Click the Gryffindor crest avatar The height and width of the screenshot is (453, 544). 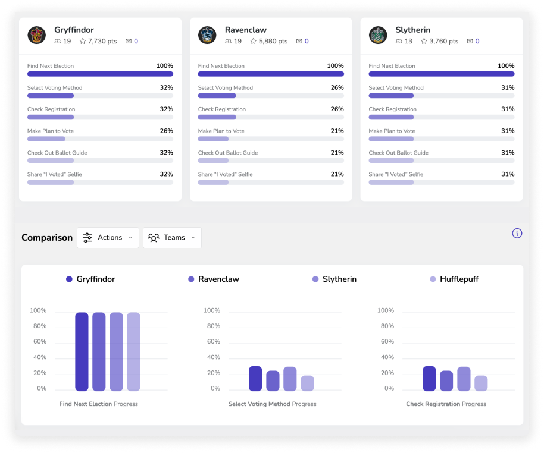[x=36, y=35]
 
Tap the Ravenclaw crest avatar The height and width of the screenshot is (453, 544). [x=207, y=35]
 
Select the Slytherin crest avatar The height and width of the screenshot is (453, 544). [x=378, y=35]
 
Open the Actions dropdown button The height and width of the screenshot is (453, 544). [x=108, y=238]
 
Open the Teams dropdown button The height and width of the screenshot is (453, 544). [x=172, y=238]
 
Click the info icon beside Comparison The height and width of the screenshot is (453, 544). [x=517, y=233]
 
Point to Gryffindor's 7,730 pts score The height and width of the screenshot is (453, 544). [x=98, y=41]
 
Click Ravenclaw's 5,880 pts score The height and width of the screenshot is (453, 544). [x=269, y=41]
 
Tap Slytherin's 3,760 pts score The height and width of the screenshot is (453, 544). [x=440, y=41]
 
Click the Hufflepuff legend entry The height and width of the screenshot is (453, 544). [x=454, y=279]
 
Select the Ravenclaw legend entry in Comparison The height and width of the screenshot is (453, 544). [x=213, y=279]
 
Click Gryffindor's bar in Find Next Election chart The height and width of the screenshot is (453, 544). [x=82, y=351]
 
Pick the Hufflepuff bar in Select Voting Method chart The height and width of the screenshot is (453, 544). [x=307, y=383]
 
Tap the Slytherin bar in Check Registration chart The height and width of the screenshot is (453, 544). [x=464, y=379]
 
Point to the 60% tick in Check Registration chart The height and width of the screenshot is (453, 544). [x=387, y=341]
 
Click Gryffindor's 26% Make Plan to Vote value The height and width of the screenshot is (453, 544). [x=167, y=131]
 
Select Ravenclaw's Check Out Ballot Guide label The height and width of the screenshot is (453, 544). [x=228, y=153]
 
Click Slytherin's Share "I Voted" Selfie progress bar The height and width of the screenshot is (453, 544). [x=442, y=183]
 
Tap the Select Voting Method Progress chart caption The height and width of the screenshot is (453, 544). [x=273, y=404]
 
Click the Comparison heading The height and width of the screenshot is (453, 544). [x=47, y=238]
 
